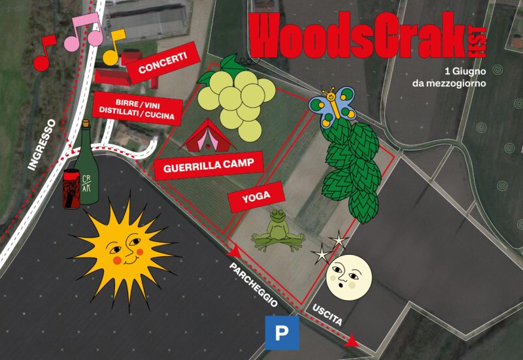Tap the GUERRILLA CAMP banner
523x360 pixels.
[209, 165]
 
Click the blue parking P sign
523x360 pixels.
[282, 333]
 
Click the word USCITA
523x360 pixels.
[327, 315]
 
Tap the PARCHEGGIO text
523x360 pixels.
[253, 285]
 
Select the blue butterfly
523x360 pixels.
[331, 105]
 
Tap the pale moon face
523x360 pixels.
[349, 277]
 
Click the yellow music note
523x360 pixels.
[115, 47]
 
